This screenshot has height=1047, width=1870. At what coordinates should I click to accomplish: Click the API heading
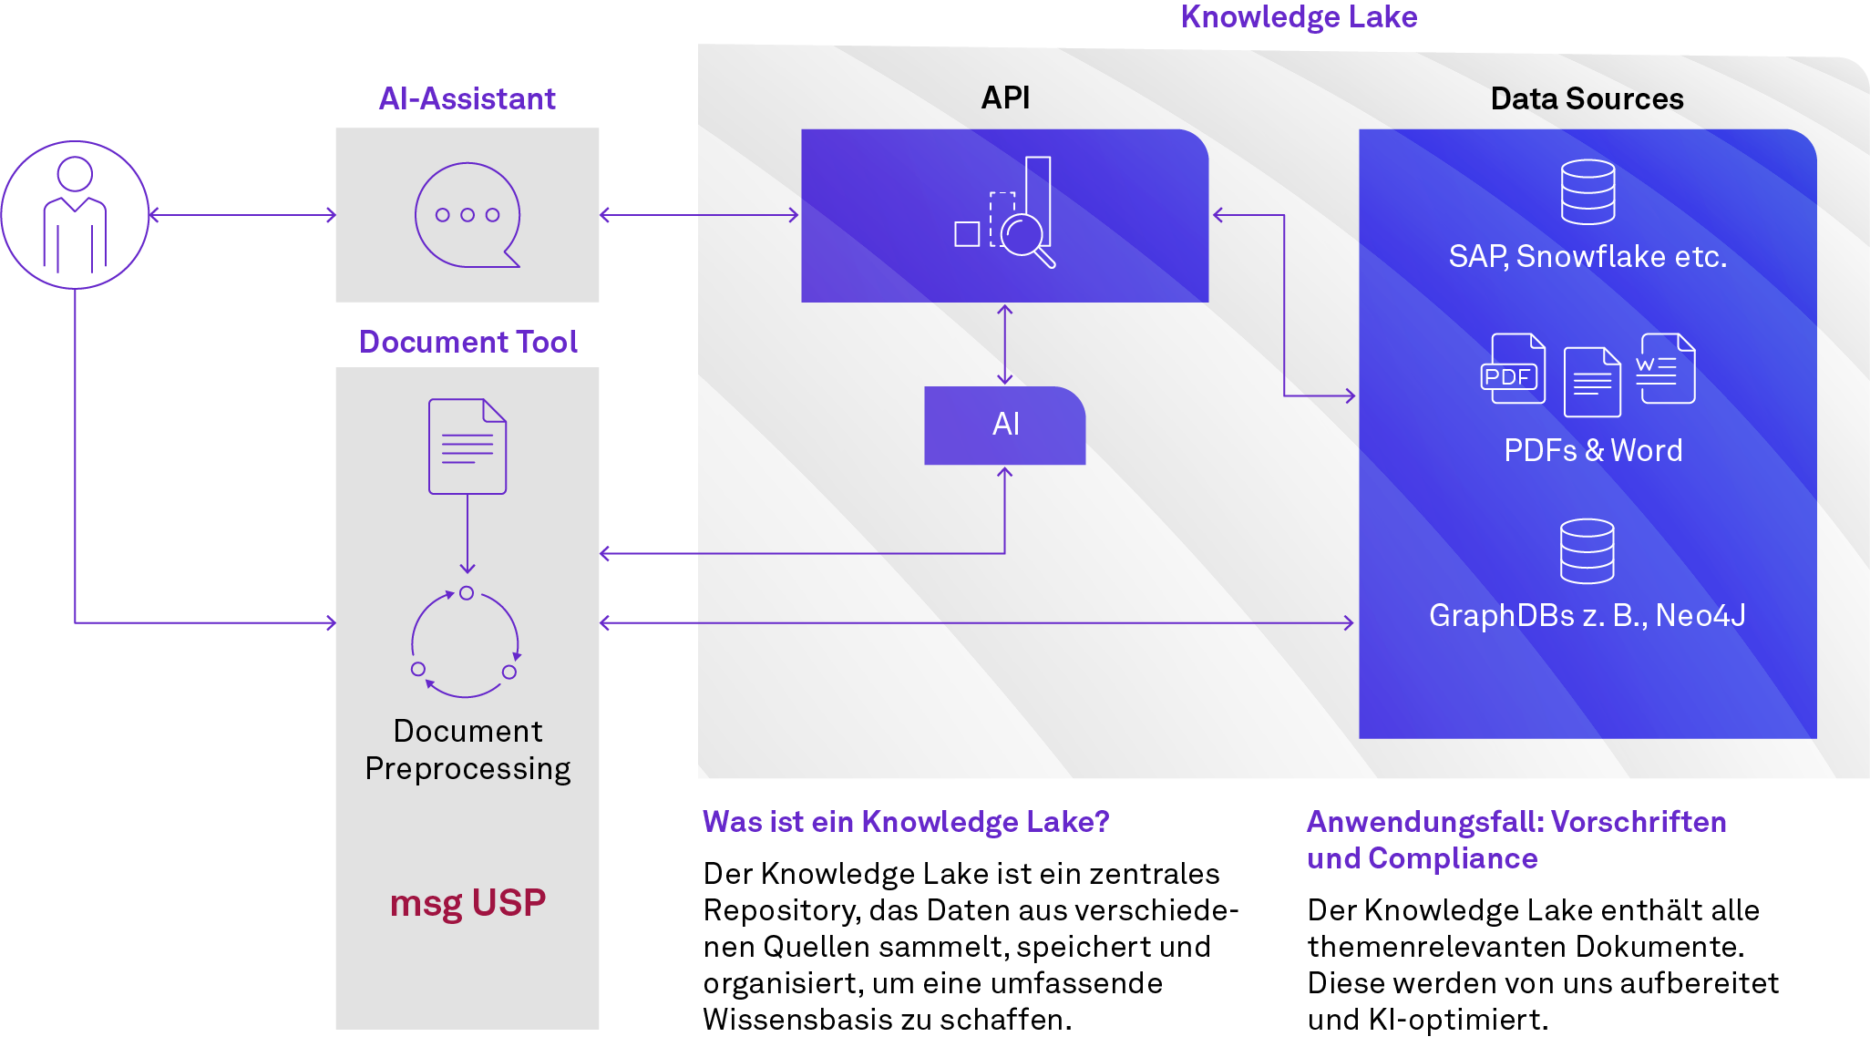point(1005,98)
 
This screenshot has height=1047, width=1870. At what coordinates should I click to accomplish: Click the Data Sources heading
point(1587,98)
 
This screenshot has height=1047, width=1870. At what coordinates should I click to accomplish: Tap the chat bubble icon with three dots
point(467,215)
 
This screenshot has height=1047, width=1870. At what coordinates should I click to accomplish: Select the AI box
point(1004,425)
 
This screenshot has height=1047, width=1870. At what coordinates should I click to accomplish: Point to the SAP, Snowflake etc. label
point(1587,257)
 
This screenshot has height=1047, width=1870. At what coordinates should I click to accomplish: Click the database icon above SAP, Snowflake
point(1587,192)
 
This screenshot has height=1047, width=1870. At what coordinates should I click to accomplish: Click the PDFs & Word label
point(1592,450)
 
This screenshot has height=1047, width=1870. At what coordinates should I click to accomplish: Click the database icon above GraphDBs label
point(1587,551)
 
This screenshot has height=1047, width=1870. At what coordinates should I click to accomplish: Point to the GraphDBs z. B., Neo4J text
point(1587,616)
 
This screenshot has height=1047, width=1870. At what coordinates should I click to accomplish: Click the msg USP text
point(467,903)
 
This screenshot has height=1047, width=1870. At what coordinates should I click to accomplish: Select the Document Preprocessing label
point(467,750)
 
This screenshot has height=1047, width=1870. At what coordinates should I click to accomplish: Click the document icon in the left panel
point(467,447)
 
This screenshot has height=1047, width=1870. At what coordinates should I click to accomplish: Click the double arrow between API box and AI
point(1004,344)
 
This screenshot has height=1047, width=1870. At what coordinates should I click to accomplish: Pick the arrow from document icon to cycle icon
point(467,534)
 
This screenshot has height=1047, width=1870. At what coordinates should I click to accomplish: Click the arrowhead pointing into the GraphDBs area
point(1349,623)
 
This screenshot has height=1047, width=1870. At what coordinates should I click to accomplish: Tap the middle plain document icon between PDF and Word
point(1592,382)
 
